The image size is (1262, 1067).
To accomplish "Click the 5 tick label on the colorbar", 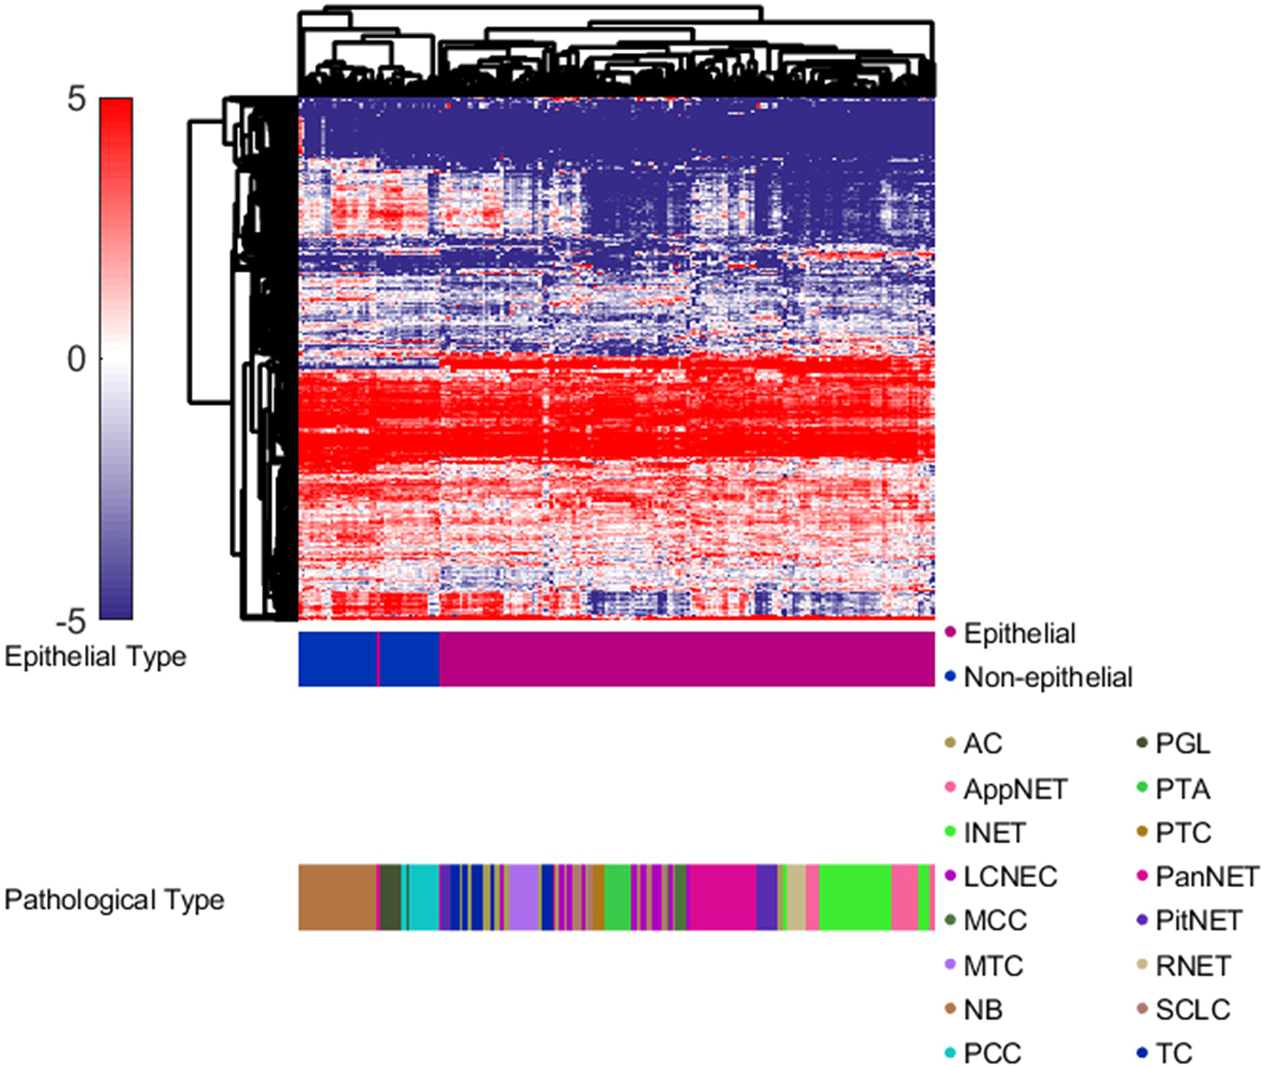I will click(x=76, y=99).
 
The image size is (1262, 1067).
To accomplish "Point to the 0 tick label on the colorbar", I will click(x=76, y=359).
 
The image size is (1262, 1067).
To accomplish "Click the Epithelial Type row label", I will click(x=95, y=656).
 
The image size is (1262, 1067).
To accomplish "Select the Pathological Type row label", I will click(x=114, y=899).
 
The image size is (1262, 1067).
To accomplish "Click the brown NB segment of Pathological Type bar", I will click(x=337, y=897).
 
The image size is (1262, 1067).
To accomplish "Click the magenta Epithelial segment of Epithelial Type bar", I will click(x=686, y=659).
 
